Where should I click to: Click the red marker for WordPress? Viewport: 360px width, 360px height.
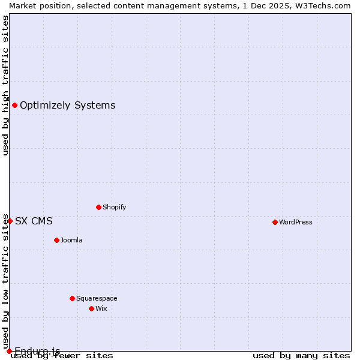[275, 222]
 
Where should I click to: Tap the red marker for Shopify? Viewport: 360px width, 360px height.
[98, 207]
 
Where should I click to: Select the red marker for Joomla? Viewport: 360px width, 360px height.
[56, 240]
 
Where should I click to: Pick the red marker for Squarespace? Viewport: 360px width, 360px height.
[72, 298]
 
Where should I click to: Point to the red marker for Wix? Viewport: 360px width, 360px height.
[91, 308]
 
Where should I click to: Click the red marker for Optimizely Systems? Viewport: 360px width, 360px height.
[14, 106]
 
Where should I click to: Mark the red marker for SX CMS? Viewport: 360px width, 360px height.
[10, 221]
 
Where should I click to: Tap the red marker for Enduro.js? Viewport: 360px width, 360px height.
[9, 351]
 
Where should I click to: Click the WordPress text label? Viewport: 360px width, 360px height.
[296, 222]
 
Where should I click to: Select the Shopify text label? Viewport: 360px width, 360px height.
[115, 207]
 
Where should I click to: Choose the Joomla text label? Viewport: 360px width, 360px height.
[71, 240]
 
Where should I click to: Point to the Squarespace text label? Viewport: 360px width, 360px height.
[97, 298]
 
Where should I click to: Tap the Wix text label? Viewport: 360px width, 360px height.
[101, 308]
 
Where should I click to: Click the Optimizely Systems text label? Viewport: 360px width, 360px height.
[67, 106]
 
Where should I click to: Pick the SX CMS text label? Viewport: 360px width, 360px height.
[34, 221]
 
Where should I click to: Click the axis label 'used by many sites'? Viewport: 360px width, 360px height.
[301, 355]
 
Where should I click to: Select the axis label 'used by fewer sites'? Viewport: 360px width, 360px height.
[62, 355]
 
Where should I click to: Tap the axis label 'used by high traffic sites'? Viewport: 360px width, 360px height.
[5, 85]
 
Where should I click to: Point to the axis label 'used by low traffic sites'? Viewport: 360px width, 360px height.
[5, 281]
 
